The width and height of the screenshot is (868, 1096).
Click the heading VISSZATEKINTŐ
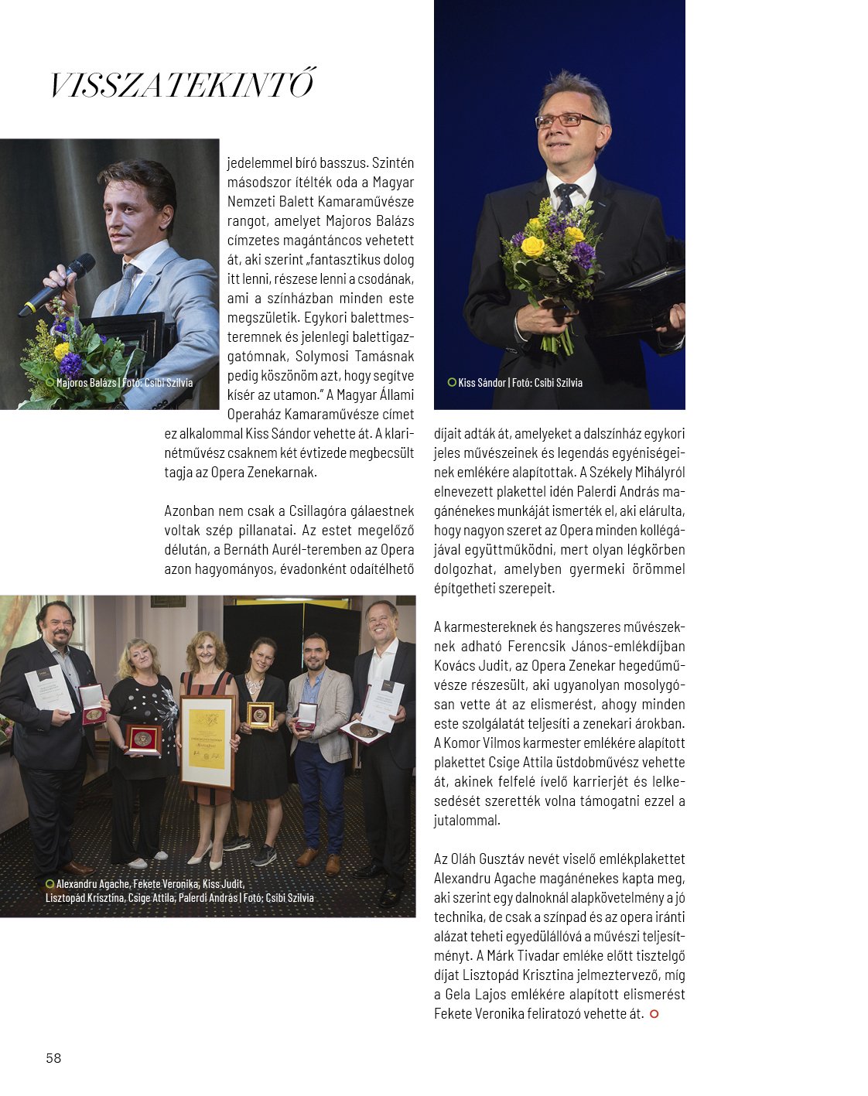click(183, 85)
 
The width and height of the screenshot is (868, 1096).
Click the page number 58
click(53, 1058)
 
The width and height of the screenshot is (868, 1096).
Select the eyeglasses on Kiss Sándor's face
click(566, 121)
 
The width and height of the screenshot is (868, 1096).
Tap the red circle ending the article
click(654, 1014)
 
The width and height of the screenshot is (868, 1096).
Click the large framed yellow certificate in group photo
click(207, 739)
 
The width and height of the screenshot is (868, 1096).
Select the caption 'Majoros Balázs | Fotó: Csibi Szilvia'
click(124, 383)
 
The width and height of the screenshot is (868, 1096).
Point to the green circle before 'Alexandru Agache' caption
click(50, 884)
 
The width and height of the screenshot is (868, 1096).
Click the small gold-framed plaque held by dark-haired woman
click(261, 715)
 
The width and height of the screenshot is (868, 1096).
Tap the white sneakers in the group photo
click(149, 859)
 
